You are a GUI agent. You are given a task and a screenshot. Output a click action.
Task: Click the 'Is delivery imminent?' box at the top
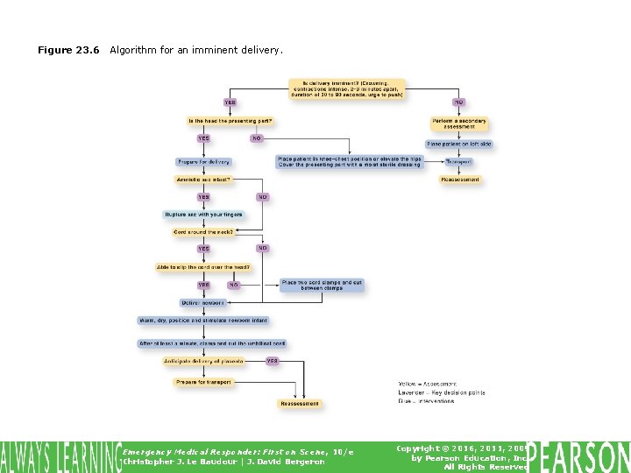click(x=347, y=88)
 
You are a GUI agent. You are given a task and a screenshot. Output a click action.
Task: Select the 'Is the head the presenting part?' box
click(x=230, y=120)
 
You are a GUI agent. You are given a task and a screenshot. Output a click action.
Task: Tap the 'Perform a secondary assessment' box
click(x=459, y=124)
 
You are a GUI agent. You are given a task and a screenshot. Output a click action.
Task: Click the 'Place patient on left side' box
click(x=459, y=144)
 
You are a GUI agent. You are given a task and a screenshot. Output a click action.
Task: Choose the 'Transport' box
click(x=458, y=162)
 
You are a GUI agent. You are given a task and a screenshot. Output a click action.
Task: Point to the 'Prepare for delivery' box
click(x=203, y=162)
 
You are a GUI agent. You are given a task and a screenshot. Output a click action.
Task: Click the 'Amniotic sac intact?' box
click(x=202, y=180)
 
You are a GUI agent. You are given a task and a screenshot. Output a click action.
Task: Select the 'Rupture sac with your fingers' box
click(x=203, y=215)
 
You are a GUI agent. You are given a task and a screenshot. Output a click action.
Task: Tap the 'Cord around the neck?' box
click(x=203, y=232)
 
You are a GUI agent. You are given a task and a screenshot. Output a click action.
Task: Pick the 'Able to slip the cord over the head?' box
click(x=203, y=267)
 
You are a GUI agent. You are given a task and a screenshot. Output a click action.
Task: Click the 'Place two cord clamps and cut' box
click(x=321, y=286)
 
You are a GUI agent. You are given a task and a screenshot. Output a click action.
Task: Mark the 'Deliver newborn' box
click(x=203, y=303)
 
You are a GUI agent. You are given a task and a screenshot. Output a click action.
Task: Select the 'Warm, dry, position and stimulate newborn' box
click(x=203, y=321)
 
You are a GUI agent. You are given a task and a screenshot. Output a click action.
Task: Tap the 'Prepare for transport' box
click(x=203, y=382)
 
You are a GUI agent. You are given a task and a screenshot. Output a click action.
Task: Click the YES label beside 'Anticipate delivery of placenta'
click(x=273, y=361)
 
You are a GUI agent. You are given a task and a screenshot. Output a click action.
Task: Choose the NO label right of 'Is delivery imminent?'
click(x=458, y=102)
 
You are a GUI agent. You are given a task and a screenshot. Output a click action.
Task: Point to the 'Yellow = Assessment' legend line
click(x=428, y=385)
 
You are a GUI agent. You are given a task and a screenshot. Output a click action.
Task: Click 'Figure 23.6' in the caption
click(x=68, y=51)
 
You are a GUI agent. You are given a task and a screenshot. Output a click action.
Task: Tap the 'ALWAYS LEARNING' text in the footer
click(x=60, y=457)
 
